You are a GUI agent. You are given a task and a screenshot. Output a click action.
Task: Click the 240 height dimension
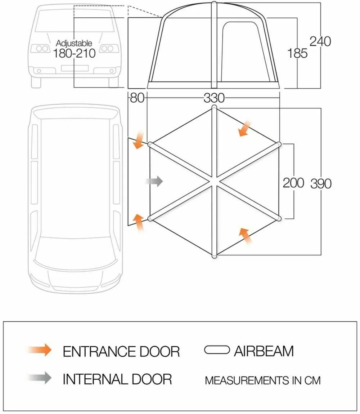tap(320, 41)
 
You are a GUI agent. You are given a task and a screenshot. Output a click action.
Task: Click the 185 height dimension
tap(297, 53)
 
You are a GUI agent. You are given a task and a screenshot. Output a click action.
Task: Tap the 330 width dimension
tap(214, 98)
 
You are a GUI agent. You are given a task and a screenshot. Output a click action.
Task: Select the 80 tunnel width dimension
tap(137, 98)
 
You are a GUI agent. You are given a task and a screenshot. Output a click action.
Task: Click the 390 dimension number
tap(320, 183)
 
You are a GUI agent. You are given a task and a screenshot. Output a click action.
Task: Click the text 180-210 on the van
tap(74, 54)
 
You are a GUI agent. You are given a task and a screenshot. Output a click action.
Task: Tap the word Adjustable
tap(74, 43)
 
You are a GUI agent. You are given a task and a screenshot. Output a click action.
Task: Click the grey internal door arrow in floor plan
tap(154, 182)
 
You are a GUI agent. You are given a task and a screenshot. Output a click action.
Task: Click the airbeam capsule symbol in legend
tap(217, 350)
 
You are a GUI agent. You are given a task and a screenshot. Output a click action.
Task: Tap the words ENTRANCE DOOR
tap(121, 351)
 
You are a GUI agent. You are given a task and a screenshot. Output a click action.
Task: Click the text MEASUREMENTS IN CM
tap(262, 380)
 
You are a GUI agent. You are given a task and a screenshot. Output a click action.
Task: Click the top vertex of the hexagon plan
tap(214, 107)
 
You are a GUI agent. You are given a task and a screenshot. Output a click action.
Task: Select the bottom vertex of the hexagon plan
tap(214, 256)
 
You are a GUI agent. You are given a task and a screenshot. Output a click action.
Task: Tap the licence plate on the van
tap(75, 68)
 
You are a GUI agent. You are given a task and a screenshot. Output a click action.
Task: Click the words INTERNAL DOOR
tap(117, 379)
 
